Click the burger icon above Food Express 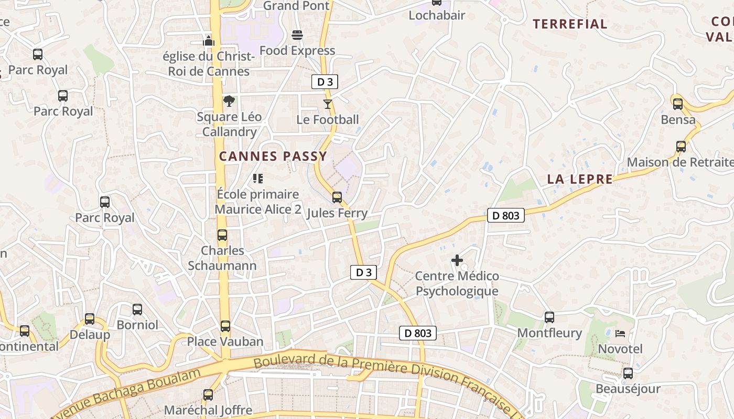tap(297, 35)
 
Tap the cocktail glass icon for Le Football tap(328, 104)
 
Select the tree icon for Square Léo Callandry tap(229, 101)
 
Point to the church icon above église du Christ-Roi tap(209, 41)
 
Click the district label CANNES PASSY tap(273, 156)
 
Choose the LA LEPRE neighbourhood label tap(580, 179)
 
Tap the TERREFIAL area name tap(570, 24)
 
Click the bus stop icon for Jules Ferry tap(337, 197)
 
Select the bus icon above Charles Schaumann tap(222, 235)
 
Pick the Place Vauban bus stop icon tap(225, 326)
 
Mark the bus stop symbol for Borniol tap(137, 310)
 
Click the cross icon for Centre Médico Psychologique tap(457, 260)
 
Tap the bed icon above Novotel tap(620, 333)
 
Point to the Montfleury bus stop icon tap(549, 317)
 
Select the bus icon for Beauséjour tap(628, 373)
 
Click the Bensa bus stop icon tap(678, 104)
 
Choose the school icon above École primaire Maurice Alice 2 tap(257, 179)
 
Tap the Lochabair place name tap(437, 15)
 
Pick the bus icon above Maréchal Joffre tap(208, 394)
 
